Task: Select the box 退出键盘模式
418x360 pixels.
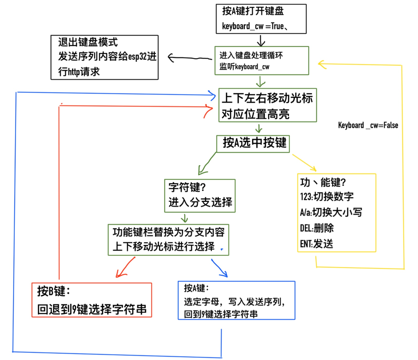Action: [x=104, y=57]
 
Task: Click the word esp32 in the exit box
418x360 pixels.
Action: [x=137, y=57]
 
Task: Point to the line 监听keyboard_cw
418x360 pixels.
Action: [x=244, y=67]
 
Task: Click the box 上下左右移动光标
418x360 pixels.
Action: [x=267, y=105]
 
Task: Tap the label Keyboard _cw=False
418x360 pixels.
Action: [x=368, y=125]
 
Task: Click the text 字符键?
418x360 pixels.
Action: [x=187, y=187]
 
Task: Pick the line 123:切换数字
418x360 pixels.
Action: [x=326, y=197]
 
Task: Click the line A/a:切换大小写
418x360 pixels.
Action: [x=331, y=212]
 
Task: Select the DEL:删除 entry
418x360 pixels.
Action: [x=317, y=228]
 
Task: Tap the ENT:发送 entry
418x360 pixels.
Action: [x=316, y=243]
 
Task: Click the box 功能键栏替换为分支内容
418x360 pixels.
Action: [x=169, y=239]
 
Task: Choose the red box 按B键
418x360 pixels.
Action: [x=92, y=299]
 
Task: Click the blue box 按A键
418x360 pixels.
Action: [x=236, y=300]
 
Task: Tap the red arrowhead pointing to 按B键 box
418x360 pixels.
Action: [x=118, y=275]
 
